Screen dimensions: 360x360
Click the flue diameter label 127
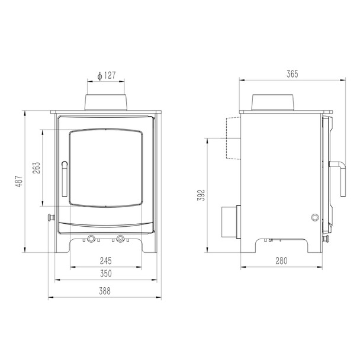[110, 76]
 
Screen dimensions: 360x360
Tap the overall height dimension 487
[19, 181]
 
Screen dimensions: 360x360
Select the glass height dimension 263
[36, 168]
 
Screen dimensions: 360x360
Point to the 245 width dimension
[105, 261]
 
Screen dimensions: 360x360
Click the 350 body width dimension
[105, 274]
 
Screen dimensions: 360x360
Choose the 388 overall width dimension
[105, 291]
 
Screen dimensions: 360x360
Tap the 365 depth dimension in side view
[292, 74]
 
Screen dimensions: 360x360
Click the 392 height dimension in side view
[201, 195]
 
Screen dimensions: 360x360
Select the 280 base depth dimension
[281, 261]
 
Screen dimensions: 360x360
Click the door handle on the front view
[65, 179]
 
